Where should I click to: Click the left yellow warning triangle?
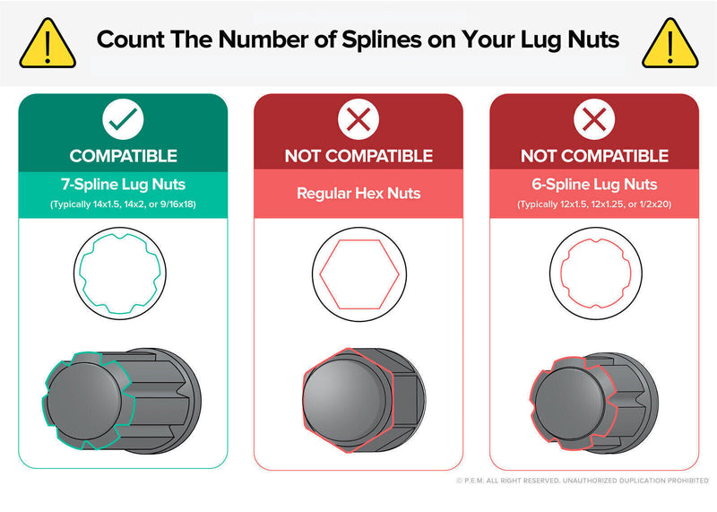[x=48, y=44]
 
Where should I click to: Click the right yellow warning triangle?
[x=669, y=44]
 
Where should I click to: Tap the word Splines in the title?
[x=382, y=40]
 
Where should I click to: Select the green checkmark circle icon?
[x=123, y=119]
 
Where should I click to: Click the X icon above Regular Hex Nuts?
[x=358, y=119]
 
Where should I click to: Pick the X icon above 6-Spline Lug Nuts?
[x=594, y=119]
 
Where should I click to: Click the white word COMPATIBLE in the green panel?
[x=123, y=156]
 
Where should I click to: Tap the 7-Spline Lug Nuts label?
[x=123, y=185]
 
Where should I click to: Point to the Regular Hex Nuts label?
[x=358, y=193]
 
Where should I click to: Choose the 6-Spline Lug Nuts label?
[x=594, y=185]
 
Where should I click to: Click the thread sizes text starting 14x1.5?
[x=123, y=204]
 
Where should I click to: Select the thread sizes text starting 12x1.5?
[x=594, y=204]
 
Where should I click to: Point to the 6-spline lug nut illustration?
[x=594, y=404]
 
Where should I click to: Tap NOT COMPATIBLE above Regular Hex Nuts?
[x=358, y=156]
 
